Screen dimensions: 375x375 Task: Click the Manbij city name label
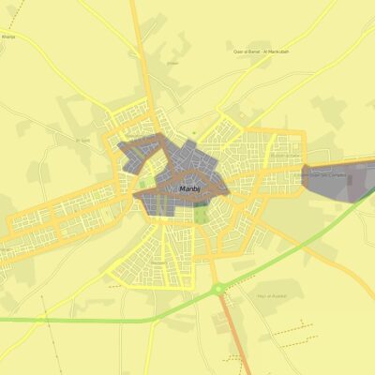pyautogui.click(x=188, y=188)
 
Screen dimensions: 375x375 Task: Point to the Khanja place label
pyautogui.click(x=9, y=37)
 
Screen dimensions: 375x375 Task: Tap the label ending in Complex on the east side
pyautogui.click(x=323, y=174)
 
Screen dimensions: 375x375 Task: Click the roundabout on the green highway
pyautogui.click(x=218, y=290)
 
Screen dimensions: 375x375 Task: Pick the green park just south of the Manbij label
pyautogui.click(x=201, y=213)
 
